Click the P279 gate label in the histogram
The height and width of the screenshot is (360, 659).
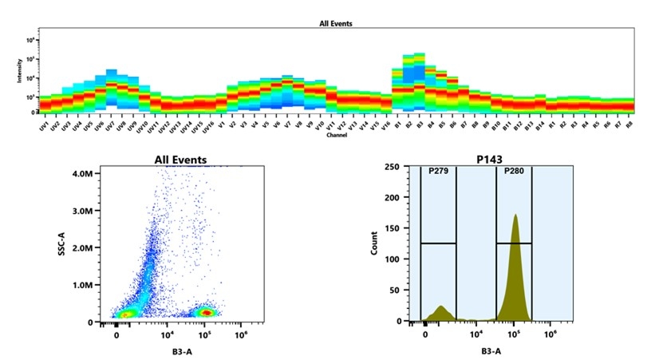click(x=438, y=171)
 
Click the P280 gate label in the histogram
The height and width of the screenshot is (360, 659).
click(x=513, y=171)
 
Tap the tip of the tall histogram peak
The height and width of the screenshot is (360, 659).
click(x=515, y=215)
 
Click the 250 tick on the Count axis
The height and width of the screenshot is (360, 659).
click(x=392, y=167)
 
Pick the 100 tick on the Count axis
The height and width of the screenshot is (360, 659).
click(x=392, y=259)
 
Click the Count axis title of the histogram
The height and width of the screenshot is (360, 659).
click(x=374, y=243)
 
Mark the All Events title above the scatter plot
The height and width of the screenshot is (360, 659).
click(x=180, y=160)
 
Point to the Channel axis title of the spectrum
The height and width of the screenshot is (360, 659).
click(x=336, y=135)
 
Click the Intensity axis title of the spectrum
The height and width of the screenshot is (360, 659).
click(x=19, y=73)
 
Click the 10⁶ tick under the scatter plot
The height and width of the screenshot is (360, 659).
click(x=240, y=335)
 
